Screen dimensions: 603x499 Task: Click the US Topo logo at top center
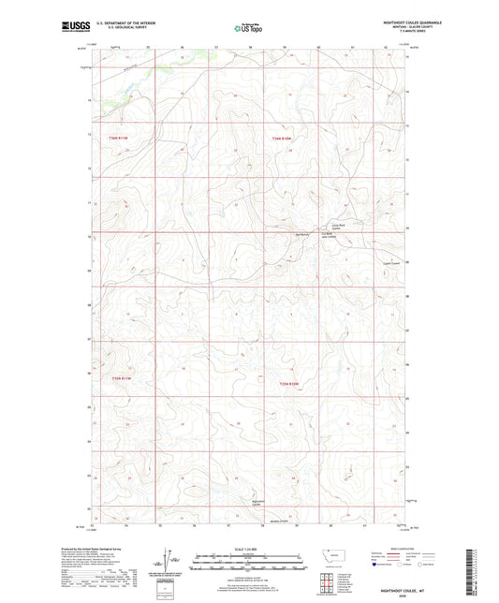click(248, 28)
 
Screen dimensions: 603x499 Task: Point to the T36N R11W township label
click(116, 139)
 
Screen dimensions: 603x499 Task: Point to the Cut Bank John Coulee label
click(330, 236)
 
